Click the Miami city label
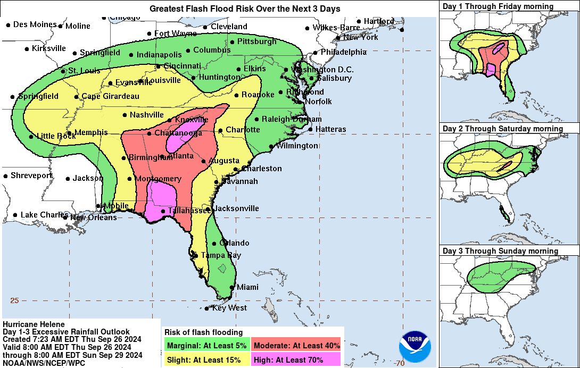(247, 287)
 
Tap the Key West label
(229, 308)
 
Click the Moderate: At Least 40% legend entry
(297, 345)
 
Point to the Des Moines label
(35, 24)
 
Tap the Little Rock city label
(56, 136)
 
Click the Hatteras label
(330, 129)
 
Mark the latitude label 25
(14, 300)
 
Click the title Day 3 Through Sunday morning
(500, 251)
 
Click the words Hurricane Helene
(34, 324)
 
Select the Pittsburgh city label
(256, 41)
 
